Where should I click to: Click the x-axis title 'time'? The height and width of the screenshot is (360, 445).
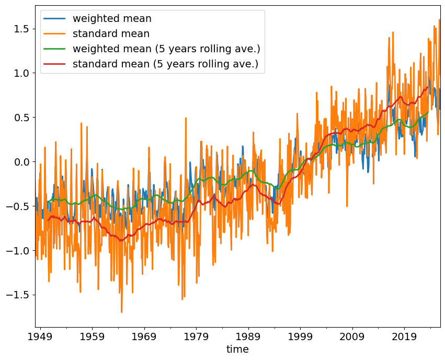[237, 349]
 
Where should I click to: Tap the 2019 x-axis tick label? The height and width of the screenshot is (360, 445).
[404, 335]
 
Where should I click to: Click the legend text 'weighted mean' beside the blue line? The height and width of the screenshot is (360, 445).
[112, 19]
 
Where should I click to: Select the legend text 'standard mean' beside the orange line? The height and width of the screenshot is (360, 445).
[111, 34]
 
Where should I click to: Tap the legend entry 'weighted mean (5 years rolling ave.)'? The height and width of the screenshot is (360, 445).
[166, 49]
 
